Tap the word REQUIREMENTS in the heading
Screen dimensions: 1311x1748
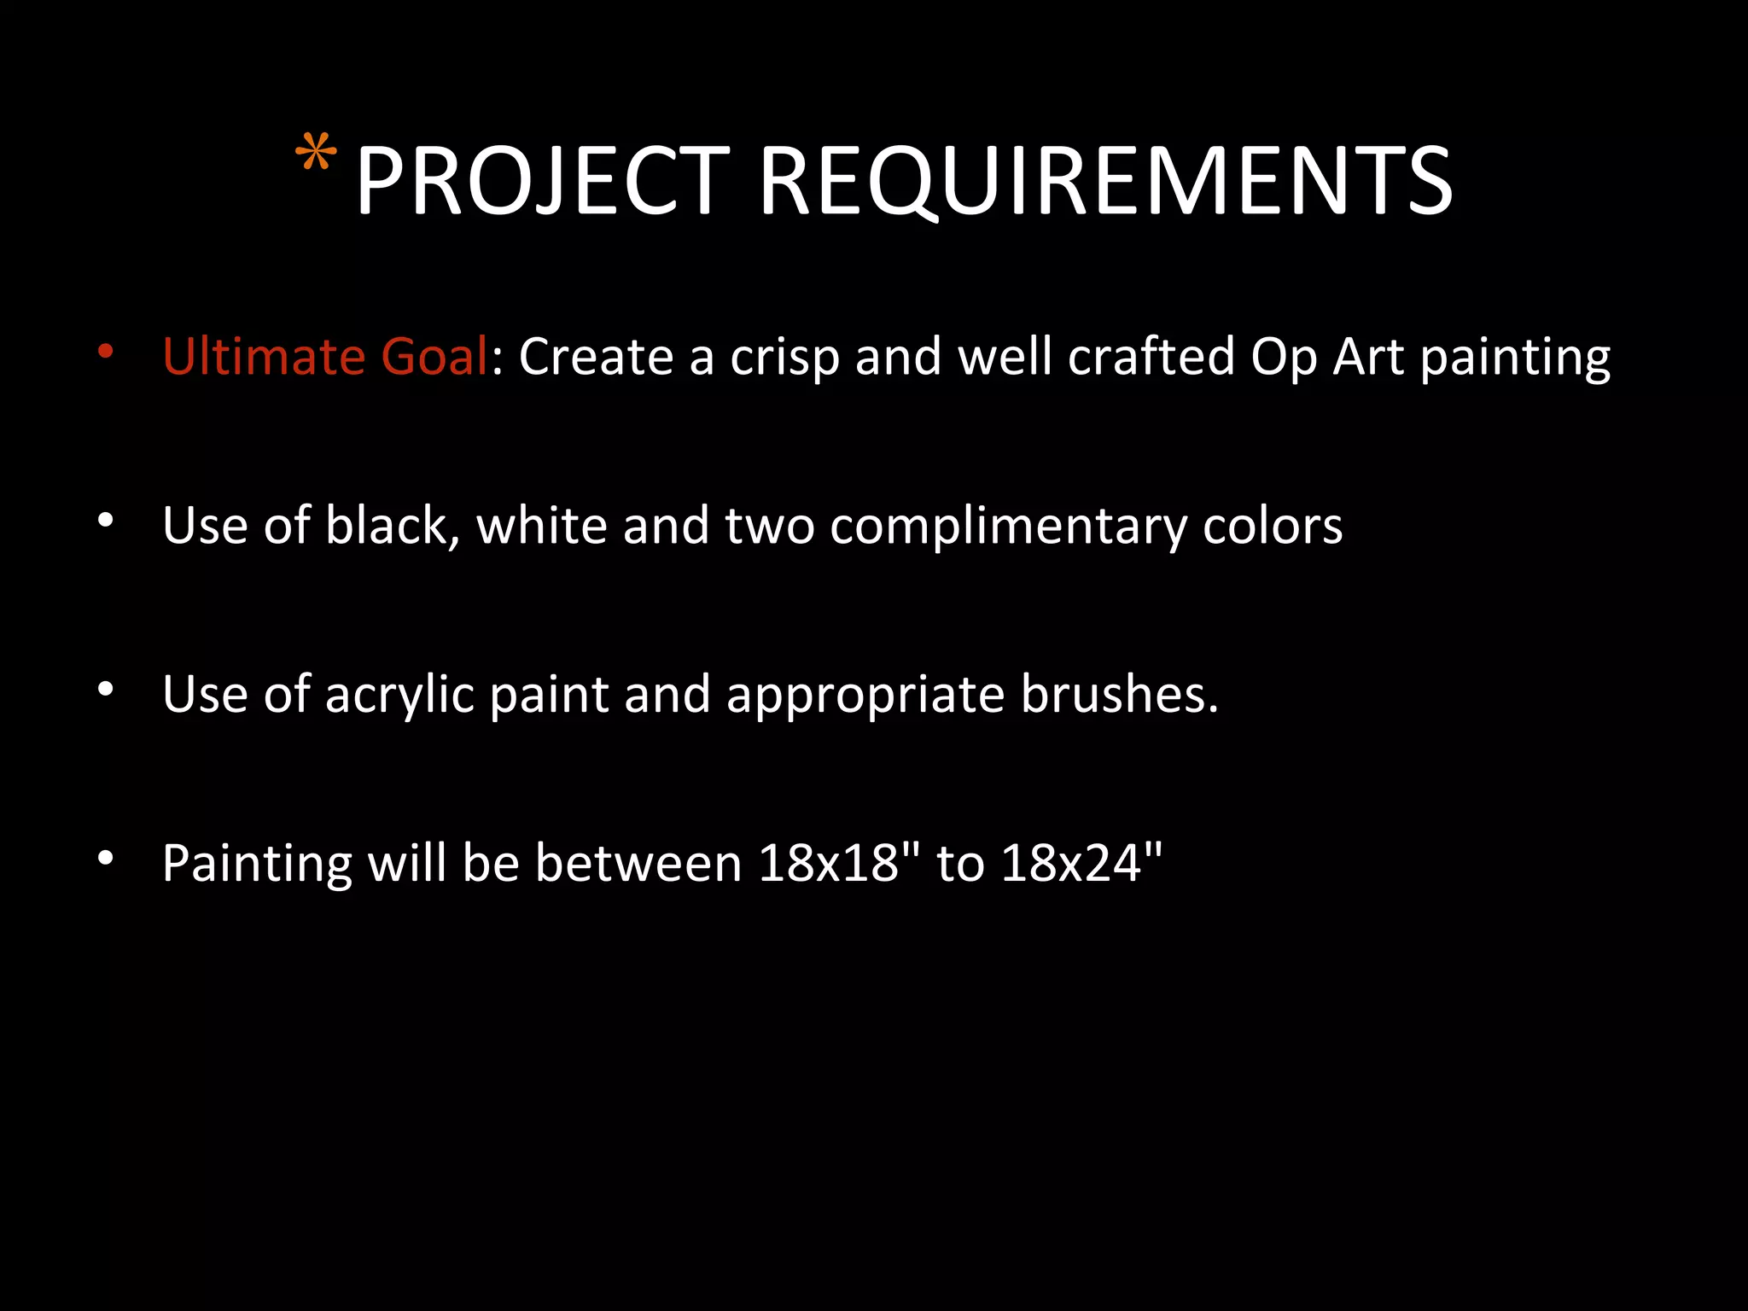[1105, 181]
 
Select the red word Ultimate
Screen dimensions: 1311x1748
[264, 356]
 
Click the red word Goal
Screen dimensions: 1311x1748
[434, 356]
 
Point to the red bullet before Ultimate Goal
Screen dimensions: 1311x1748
[105, 351]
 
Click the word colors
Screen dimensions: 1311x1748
[1272, 526]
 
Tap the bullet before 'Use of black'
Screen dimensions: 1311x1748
[105, 520]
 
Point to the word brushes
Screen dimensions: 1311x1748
[1119, 694]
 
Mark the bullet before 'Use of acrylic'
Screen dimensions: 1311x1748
[105, 689]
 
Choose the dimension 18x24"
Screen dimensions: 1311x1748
[1081, 862]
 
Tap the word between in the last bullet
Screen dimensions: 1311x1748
[638, 863]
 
